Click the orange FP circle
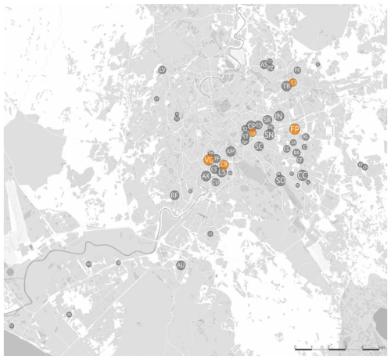295,128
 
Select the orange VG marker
208,160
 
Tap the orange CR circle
224,164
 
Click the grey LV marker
162,70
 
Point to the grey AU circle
181,266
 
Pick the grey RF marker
174,195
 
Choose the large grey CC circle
302,175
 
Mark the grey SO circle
280,181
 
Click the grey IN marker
278,116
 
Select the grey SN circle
268,135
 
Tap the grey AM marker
230,150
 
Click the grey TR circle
286,85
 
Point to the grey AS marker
264,64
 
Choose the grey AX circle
206,177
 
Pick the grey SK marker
267,120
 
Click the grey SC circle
258,146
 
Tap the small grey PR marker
297,70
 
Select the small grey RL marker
305,137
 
